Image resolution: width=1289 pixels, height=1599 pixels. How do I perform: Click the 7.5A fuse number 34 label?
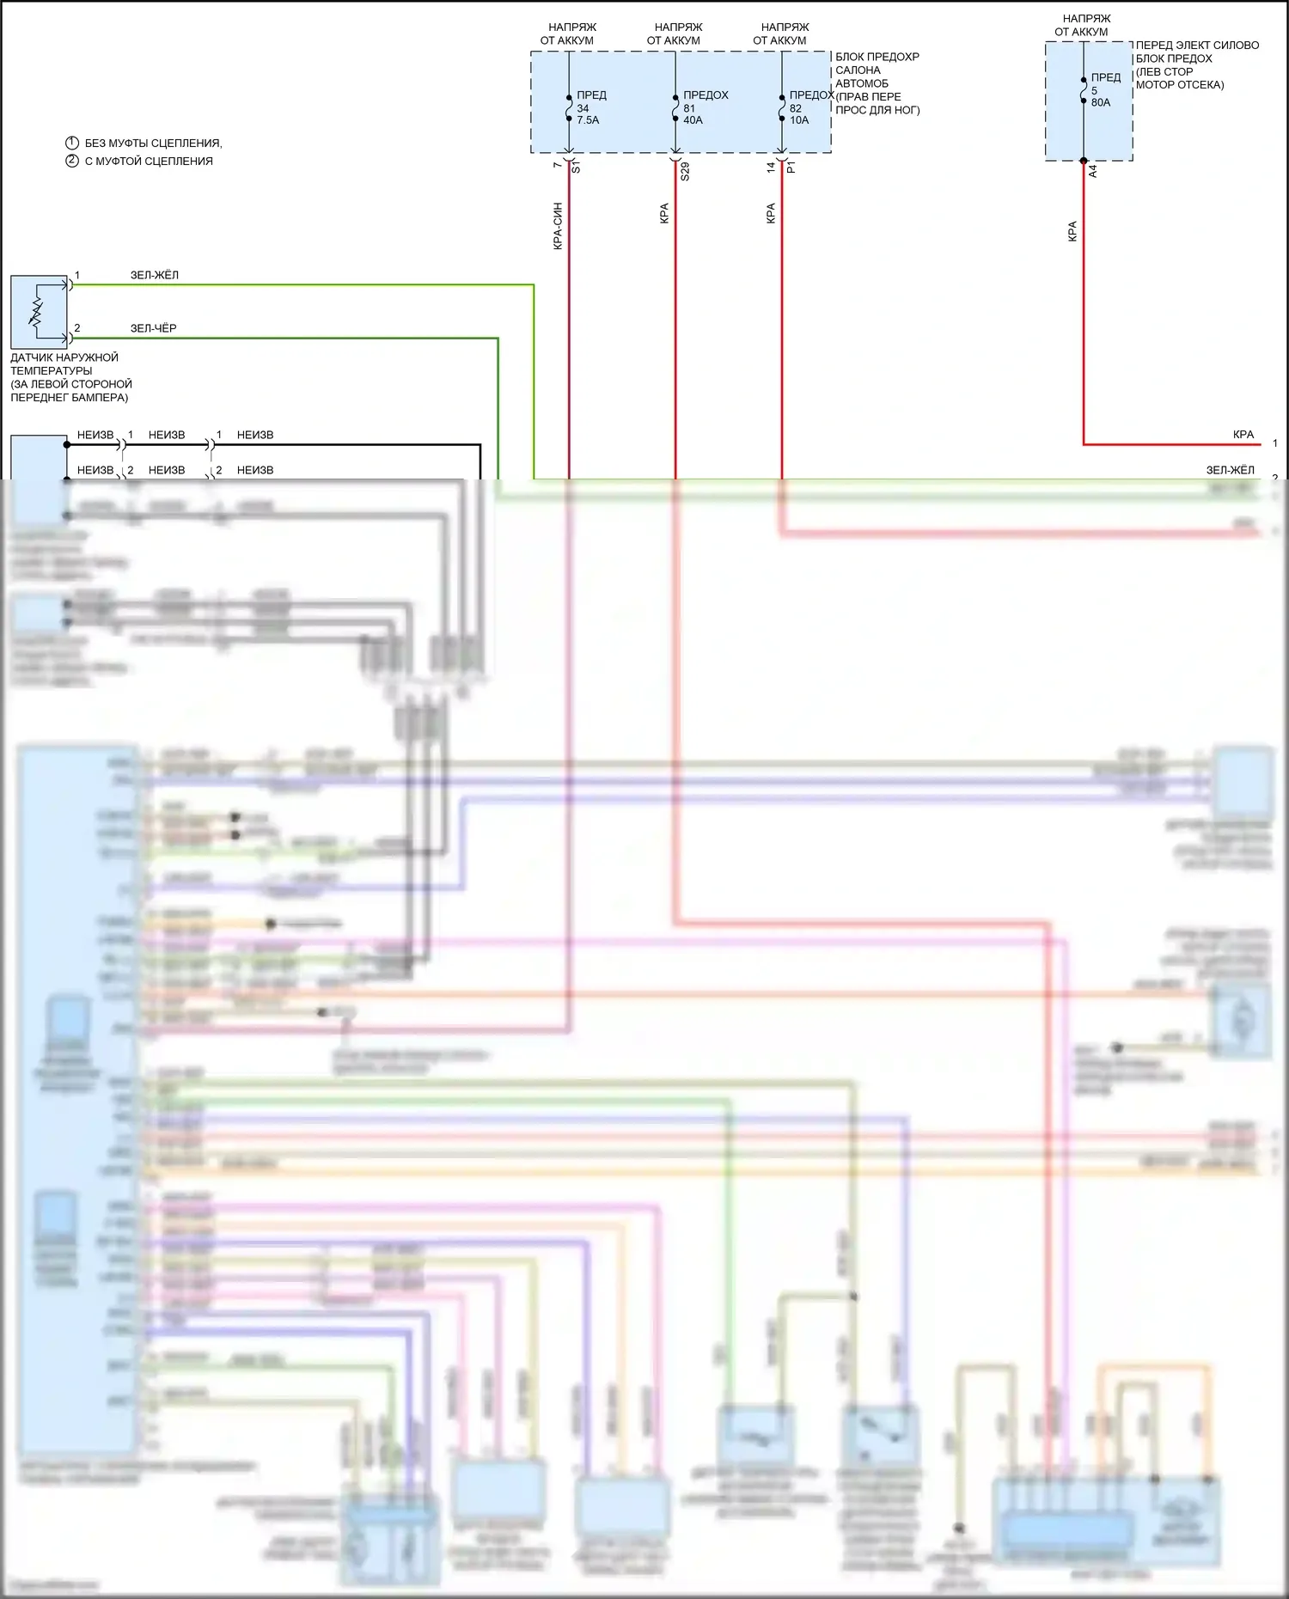coord(588,107)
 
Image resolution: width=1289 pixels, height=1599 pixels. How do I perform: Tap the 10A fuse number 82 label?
coord(800,107)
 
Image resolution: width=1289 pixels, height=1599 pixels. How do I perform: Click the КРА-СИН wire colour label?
coord(558,226)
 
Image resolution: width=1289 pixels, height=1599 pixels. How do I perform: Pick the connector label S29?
coord(685,171)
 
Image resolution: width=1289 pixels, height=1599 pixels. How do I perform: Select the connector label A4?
coord(1093,172)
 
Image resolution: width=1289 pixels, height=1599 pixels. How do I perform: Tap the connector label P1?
coord(791,168)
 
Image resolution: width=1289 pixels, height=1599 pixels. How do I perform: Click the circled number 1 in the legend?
coord(72,143)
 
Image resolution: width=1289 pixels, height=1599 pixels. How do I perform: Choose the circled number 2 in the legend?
coord(72,161)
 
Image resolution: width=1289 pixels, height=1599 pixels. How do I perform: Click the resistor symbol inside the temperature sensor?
coord(36,312)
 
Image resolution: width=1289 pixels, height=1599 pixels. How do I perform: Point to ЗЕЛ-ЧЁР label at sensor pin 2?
coord(153,328)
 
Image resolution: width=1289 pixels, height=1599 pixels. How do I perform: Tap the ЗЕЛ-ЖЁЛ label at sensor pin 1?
coord(155,275)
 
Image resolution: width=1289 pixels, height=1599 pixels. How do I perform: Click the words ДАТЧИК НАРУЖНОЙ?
coord(64,357)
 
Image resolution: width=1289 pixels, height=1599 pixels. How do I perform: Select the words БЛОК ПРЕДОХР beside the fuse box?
coord(877,57)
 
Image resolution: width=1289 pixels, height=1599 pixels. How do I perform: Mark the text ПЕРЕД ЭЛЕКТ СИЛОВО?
coord(1197,45)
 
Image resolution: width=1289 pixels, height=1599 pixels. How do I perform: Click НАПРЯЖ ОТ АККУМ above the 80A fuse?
coord(1085,25)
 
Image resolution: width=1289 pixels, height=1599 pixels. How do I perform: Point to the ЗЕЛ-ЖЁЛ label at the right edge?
coord(1230,470)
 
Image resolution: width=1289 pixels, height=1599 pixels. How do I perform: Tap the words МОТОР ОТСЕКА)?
coord(1180,84)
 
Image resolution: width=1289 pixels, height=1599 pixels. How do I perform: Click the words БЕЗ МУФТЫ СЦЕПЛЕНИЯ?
coord(153,143)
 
